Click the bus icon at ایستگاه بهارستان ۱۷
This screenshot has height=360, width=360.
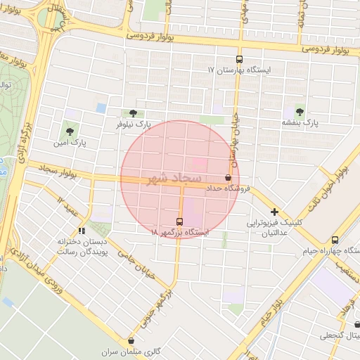[239, 60]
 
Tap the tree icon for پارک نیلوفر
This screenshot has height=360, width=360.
[134, 112]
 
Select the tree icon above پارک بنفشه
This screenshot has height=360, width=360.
[300, 112]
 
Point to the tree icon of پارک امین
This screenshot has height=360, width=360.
[69, 131]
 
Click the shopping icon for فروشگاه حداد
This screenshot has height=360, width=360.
[228, 178]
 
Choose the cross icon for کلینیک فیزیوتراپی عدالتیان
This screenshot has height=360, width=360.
[274, 212]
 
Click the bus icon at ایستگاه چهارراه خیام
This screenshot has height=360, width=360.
[335, 240]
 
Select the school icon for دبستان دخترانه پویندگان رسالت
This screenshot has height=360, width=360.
[82, 230]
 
